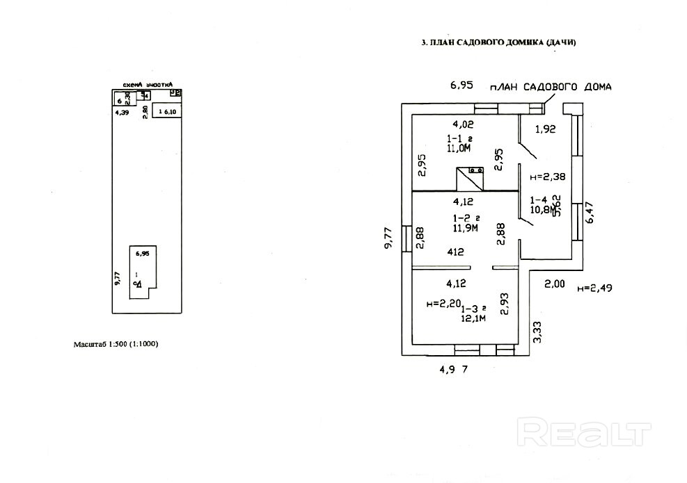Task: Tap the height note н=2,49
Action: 595,288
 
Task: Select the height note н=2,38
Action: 547,177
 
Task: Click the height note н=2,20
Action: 443,304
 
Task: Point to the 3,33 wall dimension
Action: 537,334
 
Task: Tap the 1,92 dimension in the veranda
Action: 545,129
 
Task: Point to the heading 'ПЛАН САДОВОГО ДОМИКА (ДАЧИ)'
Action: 499,42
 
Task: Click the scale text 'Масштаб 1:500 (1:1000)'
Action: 116,344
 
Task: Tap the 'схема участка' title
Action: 147,83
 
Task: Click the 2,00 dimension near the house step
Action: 554,284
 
